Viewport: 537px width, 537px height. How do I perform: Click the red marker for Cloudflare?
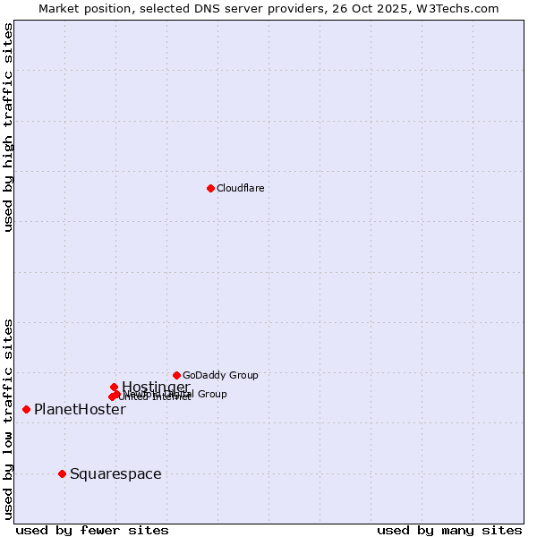coord(210,188)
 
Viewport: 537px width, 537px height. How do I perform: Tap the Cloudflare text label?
coord(240,188)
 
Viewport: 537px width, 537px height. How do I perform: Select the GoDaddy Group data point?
coord(176,375)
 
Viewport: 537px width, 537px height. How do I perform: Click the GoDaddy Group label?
coord(220,375)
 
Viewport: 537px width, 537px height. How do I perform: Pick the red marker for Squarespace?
coord(62,473)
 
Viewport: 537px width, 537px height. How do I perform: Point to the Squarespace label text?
coord(115,473)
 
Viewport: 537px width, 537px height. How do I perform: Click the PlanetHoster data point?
coord(26,409)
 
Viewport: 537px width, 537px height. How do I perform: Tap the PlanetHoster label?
coord(80,409)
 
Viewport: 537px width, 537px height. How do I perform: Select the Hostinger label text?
coord(156,387)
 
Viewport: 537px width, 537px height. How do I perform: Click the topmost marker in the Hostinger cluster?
coord(114,387)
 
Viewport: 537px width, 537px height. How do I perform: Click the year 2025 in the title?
coord(402,8)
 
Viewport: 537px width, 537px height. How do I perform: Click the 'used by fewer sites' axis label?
coord(92,530)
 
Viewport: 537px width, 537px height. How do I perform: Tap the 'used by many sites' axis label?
coord(449,530)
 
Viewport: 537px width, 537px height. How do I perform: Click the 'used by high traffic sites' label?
coord(8,127)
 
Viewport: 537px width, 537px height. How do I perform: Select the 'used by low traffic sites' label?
coord(8,419)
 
